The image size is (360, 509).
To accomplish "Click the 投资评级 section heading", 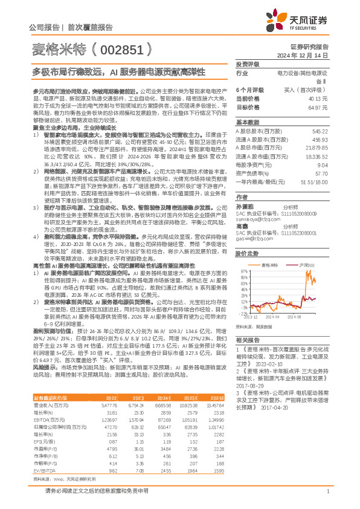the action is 247,64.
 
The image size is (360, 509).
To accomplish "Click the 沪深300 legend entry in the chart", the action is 307,264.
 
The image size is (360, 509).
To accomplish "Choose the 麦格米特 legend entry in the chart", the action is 268,264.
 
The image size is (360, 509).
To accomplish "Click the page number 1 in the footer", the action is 327,491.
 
